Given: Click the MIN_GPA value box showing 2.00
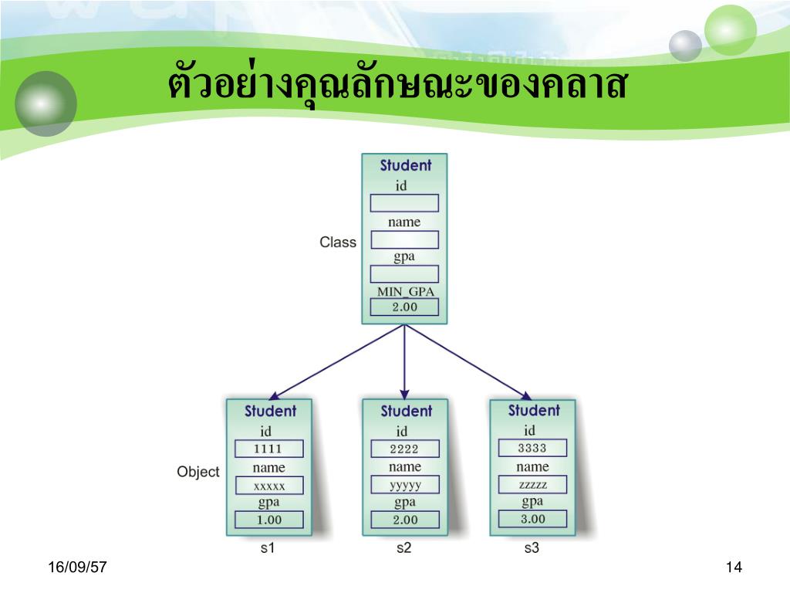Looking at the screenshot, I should point(404,307).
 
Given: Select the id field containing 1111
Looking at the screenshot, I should point(268,449).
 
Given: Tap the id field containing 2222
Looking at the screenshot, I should point(404,449).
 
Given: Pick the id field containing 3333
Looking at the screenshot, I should point(532,448).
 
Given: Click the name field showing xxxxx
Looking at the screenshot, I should point(269,486).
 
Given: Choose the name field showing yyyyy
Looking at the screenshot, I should point(404,486).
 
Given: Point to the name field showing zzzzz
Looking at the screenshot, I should point(532,485).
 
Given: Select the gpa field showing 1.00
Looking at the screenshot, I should point(269,520).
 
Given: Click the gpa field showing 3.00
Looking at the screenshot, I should point(532,519).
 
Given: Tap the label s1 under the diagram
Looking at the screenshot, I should point(268,549).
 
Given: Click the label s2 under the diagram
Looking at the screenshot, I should point(403,549).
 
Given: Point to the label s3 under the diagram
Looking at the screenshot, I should point(532,549).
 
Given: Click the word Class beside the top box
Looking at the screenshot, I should point(338,242).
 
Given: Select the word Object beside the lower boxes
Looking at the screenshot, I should point(198,472).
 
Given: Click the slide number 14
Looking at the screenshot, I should point(733,568).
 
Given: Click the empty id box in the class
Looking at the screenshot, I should point(404,203).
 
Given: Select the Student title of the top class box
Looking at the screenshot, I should point(406,165).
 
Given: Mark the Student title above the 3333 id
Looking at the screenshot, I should point(534,411).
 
